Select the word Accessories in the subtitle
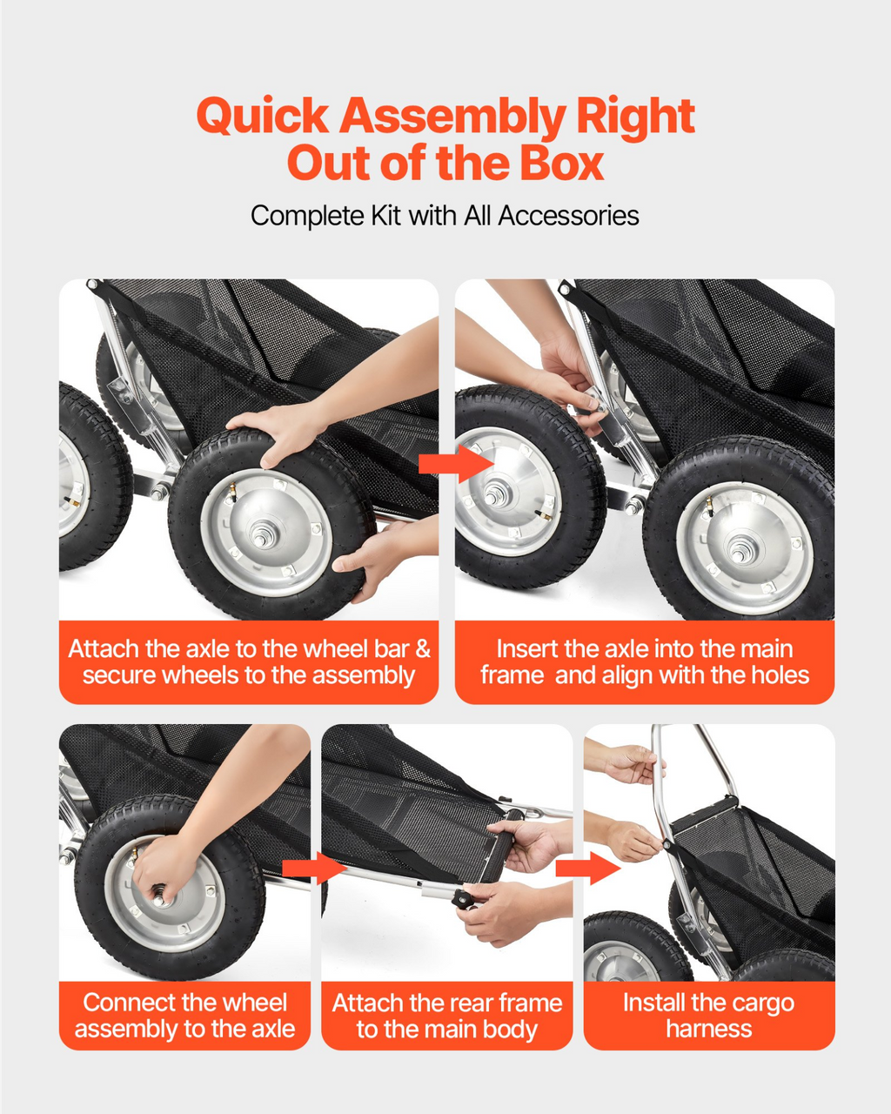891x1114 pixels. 568,215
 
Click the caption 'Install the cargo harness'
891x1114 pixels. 709,1015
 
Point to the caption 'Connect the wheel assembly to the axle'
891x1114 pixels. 184,1015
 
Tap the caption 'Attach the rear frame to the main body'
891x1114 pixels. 446,1016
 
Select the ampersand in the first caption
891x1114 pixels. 423,649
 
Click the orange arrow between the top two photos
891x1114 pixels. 456,464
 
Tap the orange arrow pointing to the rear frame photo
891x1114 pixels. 314,868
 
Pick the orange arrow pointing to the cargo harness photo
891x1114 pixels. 588,869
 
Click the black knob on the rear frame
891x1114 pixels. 464,900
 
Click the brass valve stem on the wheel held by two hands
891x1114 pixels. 232,490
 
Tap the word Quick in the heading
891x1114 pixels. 263,117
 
